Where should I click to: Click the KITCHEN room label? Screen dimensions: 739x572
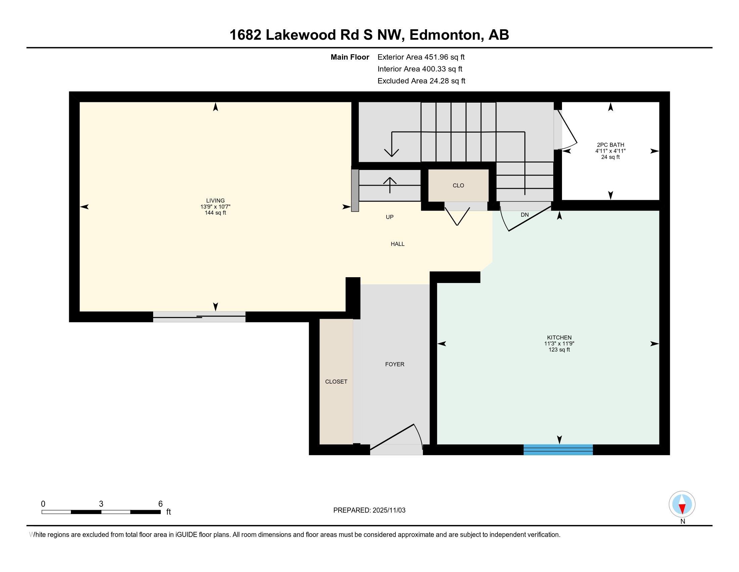click(559, 337)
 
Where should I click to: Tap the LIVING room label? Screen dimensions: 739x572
click(215, 201)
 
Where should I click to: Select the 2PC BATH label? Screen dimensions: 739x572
click(610, 145)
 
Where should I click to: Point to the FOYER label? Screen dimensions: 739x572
click(395, 364)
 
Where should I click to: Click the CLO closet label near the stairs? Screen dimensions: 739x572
click(458, 185)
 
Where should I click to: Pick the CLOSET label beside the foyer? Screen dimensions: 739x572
click(336, 382)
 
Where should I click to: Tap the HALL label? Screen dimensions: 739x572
click(398, 244)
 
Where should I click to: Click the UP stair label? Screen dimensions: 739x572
click(389, 217)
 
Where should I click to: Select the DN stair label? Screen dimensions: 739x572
click(524, 215)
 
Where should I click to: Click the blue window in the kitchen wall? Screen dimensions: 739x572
click(558, 449)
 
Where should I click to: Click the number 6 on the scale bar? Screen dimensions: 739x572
click(160, 504)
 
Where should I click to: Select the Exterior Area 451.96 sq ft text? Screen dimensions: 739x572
click(421, 57)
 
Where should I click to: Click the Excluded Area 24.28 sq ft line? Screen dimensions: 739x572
click(421, 81)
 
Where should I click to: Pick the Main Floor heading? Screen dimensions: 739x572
click(350, 57)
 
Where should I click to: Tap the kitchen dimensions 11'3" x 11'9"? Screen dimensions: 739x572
click(559, 344)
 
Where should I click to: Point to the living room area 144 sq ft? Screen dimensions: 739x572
click(215, 213)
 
